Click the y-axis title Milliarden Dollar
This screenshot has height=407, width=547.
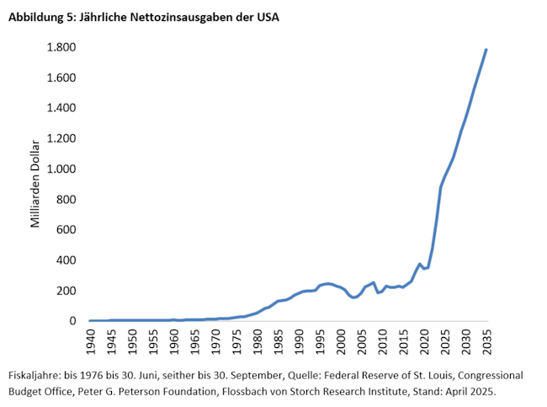pos(35,184)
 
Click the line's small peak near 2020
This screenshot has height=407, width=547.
pos(420,264)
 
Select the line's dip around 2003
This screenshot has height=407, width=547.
pos(354,297)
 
